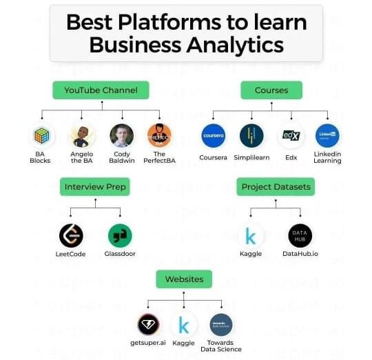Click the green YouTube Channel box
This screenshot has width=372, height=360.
[x=101, y=90]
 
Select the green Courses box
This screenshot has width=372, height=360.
[x=271, y=90]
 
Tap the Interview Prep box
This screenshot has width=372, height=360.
[x=95, y=187]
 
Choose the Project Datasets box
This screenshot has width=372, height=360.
[x=276, y=187]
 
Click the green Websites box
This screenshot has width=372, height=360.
[x=184, y=279]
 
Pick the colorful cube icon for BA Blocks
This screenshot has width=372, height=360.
[x=42, y=136]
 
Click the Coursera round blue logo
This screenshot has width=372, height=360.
[x=214, y=136]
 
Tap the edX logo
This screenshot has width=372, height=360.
[x=291, y=136]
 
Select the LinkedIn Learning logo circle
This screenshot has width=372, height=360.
[x=327, y=136]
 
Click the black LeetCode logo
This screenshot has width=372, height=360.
[x=71, y=236]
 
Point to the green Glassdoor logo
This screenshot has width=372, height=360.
[x=120, y=236]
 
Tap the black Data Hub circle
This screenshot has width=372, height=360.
[x=300, y=236]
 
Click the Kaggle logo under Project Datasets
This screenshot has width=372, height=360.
[x=251, y=236]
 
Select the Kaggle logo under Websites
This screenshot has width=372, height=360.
[x=184, y=325]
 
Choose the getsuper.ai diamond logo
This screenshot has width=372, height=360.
[x=148, y=325]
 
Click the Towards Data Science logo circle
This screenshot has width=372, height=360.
[x=221, y=325]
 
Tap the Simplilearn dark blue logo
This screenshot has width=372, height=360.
[x=251, y=136]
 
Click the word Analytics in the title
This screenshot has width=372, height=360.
[x=236, y=45]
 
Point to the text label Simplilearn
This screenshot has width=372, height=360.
[x=251, y=157]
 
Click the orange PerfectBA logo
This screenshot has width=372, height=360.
[x=159, y=136]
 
